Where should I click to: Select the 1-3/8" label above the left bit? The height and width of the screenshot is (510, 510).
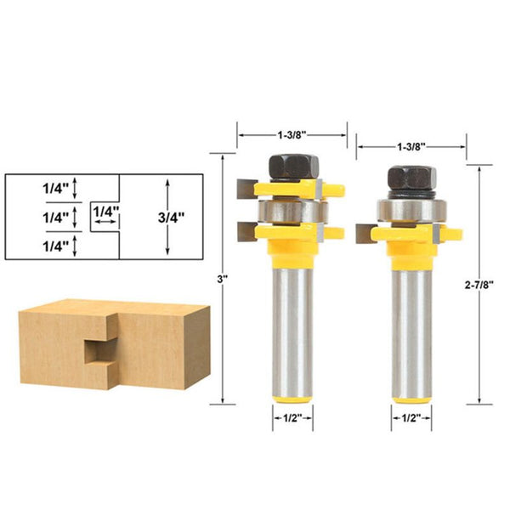pyautogui.click(x=291, y=134)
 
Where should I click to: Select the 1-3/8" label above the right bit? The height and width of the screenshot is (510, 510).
pyautogui.click(x=411, y=146)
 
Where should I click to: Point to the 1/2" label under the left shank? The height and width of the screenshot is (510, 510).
pyautogui.click(x=292, y=417)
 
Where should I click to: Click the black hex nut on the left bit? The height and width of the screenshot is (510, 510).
pyautogui.click(x=291, y=165)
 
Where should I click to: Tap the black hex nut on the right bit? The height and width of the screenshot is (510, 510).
pyautogui.click(x=412, y=177)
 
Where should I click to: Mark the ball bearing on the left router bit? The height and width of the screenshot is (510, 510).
pyautogui.click(x=292, y=209)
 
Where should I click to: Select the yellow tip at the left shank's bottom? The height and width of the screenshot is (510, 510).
pyautogui.click(x=292, y=394)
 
